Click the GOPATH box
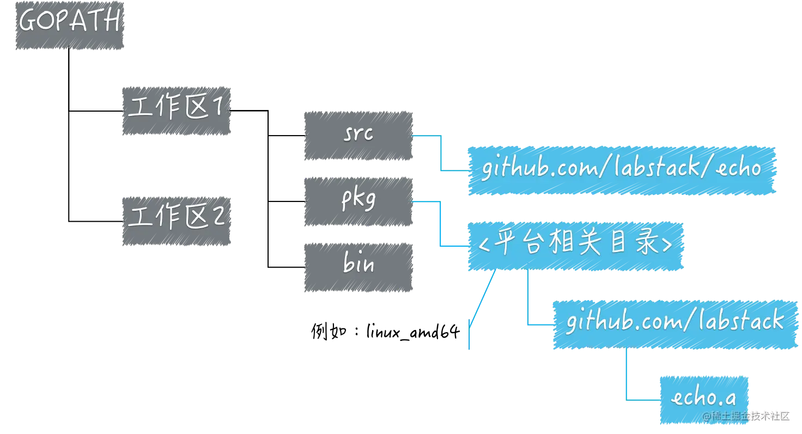click(x=70, y=26)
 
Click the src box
click(x=357, y=135)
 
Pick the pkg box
click(x=357, y=200)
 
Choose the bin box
click(x=357, y=266)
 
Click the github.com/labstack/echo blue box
click(x=622, y=169)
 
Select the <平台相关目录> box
click(x=575, y=246)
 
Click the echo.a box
click(x=703, y=399)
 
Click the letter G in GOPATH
click(x=28, y=22)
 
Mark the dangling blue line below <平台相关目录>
click(x=477, y=310)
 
